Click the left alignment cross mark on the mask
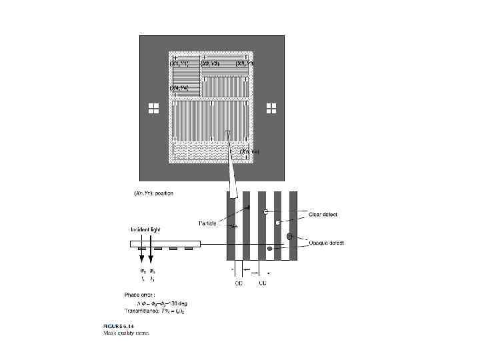pyautogui.click(x=153, y=109)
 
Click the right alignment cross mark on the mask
pyautogui.click(x=271, y=109)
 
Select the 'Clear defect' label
pyautogui.click(x=323, y=215)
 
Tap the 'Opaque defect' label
pyautogui.click(x=326, y=243)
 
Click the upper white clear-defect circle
pyautogui.click(x=265, y=212)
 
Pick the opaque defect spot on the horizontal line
pyautogui.click(x=269, y=249)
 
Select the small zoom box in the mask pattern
pyautogui.click(x=229, y=136)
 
